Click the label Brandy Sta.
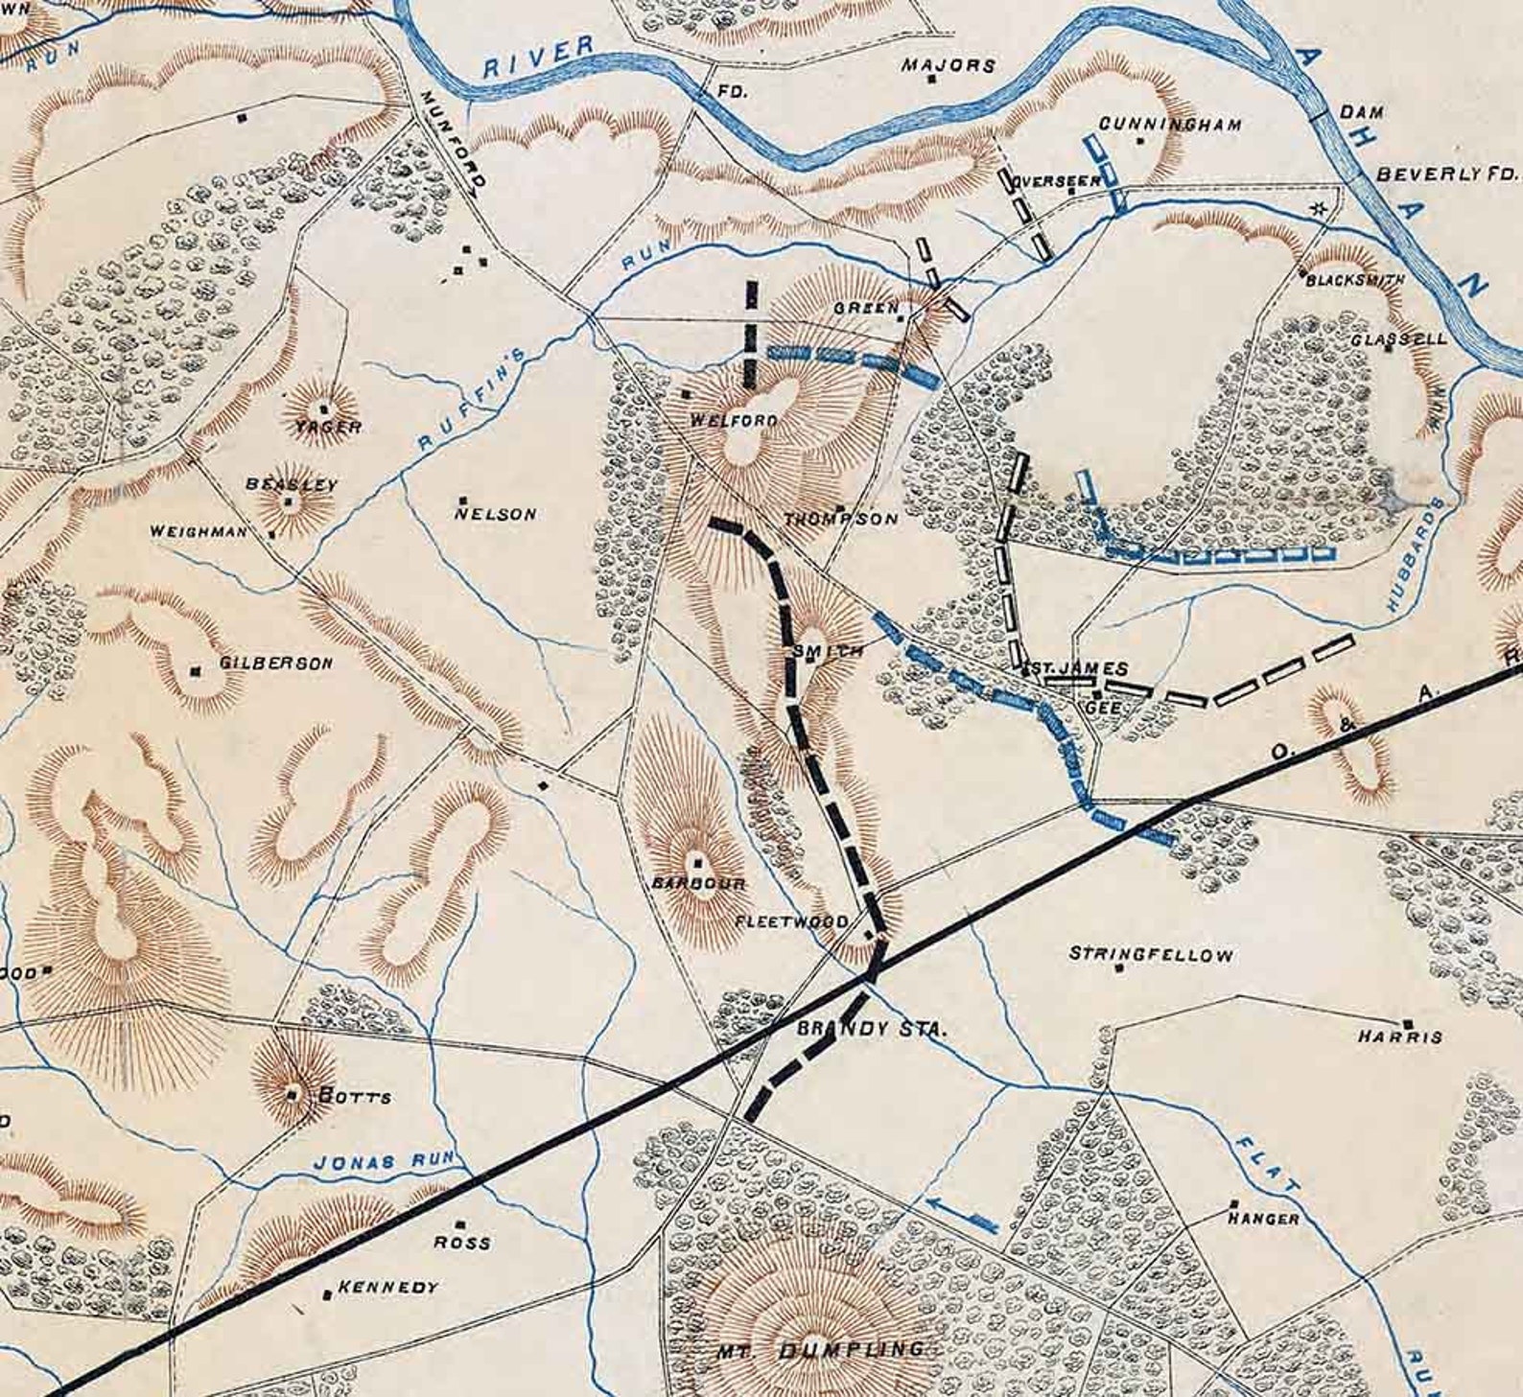pyautogui.click(x=872, y=1029)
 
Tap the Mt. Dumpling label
pyautogui.click(x=822, y=1350)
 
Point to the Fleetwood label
pyautogui.click(x=791, y=921)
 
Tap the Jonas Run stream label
pyautogui.click(x=383, y=1161)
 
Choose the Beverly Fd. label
pyautogui.click(x=1448, y=175)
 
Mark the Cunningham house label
pyautogui.click(x=1170, y=124)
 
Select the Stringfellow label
pyautogui.click(x=1151, y=954)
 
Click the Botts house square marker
pyautogui.click(x=293, y=1092)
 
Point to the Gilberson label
pyautogui.click(x=276, y=663)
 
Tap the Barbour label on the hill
pyautogui.click(x=698, y=883)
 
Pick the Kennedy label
pyautogui.click(x=387, y=1287)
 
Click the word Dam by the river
pyautogui.click(x=1362, y=112)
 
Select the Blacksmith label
pyautogui.click(x=1355, y=279)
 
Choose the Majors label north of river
pyautogui.click(x=948, y=65)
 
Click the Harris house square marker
pyautogui.click(x=1407, y=1024)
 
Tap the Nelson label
pyautogui.click(x=496, y=514)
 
